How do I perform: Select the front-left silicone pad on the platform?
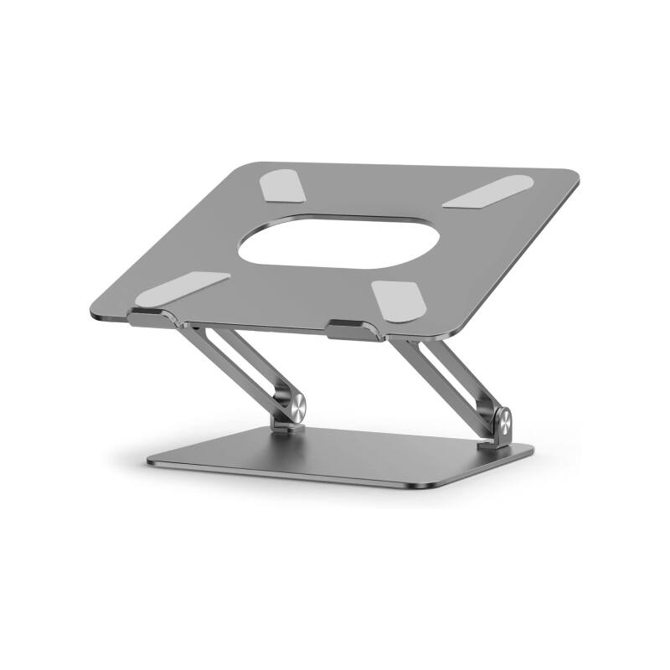[180, 286]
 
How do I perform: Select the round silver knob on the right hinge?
[501, 419]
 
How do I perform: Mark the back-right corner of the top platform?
[574, 175]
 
